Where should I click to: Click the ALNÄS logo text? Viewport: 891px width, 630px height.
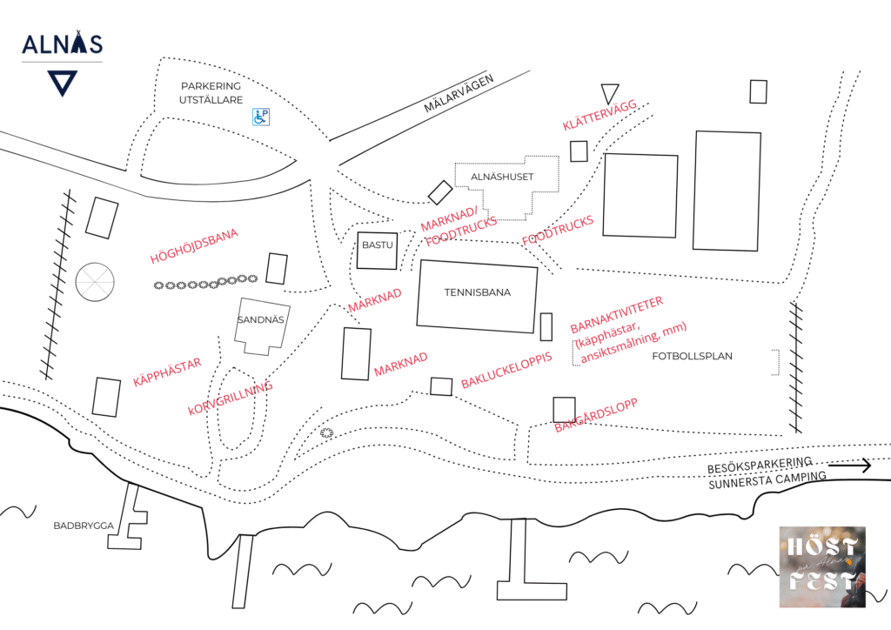point(62,44)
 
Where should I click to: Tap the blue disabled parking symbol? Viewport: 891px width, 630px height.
point(260,116)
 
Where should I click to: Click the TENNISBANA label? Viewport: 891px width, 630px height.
point(477,292)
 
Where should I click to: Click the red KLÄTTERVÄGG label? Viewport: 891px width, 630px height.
point(600,116)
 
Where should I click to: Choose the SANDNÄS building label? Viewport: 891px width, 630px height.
point(261,320)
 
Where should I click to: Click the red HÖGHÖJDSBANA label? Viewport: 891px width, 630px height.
point(194,246)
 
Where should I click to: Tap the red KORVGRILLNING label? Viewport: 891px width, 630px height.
point(230,399)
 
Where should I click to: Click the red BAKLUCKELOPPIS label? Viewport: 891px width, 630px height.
point(506,371)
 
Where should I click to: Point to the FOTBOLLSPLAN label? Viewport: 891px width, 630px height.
point(692,356)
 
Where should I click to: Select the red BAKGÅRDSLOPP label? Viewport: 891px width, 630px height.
point(596,416)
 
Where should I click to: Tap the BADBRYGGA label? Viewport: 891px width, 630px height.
point(80,526)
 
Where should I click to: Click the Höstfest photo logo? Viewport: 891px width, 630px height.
point(821,566)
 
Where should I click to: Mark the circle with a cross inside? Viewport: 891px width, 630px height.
point(95,281)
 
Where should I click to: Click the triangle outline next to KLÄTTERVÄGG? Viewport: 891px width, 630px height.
point(609,94)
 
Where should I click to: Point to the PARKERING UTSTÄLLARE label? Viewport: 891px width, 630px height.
point(210,93)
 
